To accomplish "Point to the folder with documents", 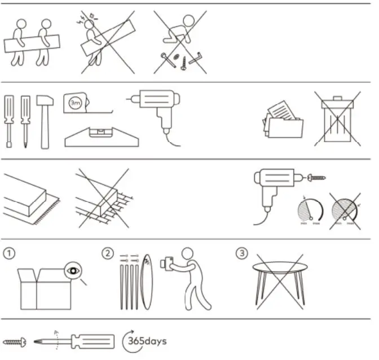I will [283, 120].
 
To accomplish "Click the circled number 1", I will [8, 253].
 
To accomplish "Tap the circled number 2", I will [108, 253].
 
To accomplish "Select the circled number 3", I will [242, 253].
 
